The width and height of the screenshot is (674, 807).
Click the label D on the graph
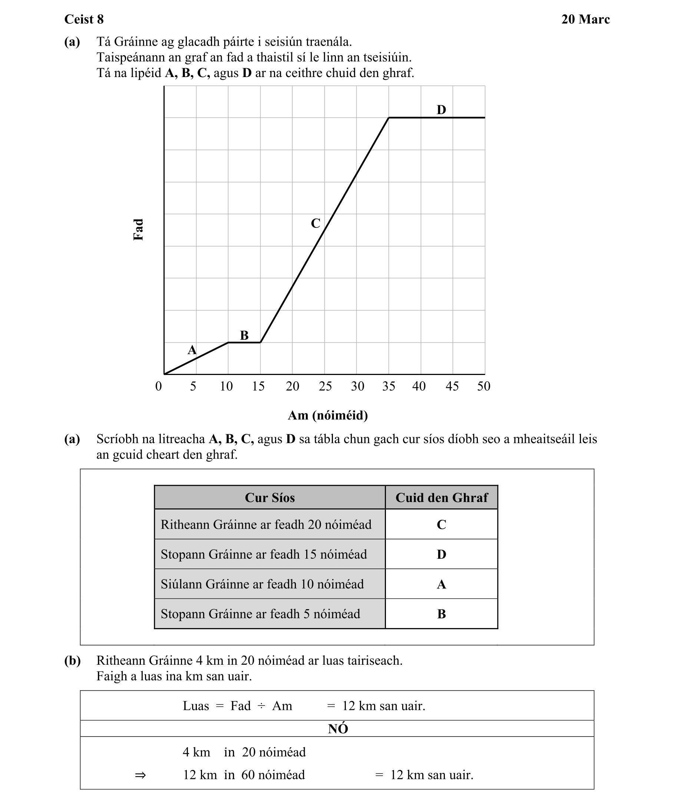click(x=441, y=110)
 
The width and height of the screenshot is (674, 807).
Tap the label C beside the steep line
click(x=315, y=223)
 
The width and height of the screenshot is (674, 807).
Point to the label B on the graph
click(x=244, y=335)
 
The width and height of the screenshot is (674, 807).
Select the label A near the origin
click(x=192, y=350)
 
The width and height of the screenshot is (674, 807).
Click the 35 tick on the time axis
click(x=388, y=386)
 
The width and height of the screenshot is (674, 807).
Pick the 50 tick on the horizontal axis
click(x=483, y=386)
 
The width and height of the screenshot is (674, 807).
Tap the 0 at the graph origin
click(x=158, y=386)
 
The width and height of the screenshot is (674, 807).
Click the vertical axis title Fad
click(x=138, y=230)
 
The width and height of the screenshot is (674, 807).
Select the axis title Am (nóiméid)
click(x=328, y=415)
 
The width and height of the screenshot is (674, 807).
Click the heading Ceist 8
click(x=84, y=19)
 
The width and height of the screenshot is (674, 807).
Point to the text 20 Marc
click(x=585, y=19)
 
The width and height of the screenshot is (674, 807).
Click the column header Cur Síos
click(x=270, y=498)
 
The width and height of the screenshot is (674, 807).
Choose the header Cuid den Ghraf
click(x=442, y=498)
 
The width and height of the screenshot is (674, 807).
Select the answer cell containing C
click(x=442, y=525)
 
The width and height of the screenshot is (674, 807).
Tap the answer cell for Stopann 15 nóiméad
click(x=442, y=554)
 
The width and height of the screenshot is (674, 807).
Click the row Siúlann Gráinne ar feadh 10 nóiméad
click(x=262, y=584)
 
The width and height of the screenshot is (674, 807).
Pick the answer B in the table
click(x=442, y=614)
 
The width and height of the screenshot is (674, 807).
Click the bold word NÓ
click(x=338, y=728)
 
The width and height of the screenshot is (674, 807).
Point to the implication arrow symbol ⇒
click(x=141, y=775)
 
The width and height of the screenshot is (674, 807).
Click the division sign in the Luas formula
click(x=261, y=706)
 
